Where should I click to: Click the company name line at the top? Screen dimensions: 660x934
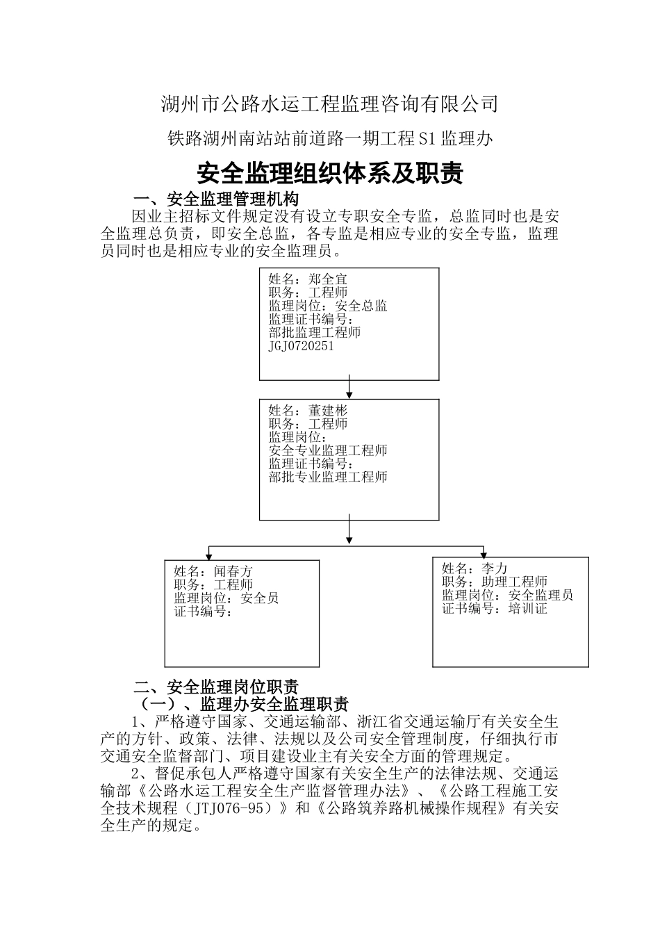[x=330, y=104]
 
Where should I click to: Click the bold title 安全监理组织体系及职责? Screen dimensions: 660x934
[x=330, y=174]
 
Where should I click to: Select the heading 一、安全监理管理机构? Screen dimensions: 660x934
[x=216, y=199]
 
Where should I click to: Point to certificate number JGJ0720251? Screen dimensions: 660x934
[x=301, y=345]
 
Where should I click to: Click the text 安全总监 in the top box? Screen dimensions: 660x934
[x=361, y=306]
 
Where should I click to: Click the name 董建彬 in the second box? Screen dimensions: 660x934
[x=328, y=411]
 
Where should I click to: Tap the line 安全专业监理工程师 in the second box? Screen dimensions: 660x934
[x=328, y=450]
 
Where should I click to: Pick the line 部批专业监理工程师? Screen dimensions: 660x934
[x=328, y=477]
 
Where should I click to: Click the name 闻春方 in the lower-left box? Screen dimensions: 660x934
[x=233, y=572]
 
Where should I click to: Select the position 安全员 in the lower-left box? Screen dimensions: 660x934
[x=259, y=598]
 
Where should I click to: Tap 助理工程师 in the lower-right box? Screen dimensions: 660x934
[x=514, y=582]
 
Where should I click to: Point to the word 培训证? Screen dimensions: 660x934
[x=528, y=609]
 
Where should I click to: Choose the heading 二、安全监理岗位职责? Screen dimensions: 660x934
[x=216, y=687]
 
